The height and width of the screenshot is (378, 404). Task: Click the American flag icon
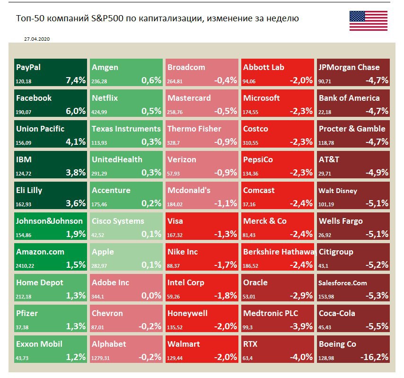(x=368, y=21)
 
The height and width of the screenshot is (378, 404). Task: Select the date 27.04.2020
(x=36, y=40)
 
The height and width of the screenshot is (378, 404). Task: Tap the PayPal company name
(x=28, y=67)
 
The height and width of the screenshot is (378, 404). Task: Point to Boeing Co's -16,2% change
(x=374, y=357)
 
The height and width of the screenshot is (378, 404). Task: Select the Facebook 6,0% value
(x=75, y=111)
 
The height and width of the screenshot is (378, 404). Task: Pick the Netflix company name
(x=105, y=98)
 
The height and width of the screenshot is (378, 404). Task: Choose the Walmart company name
(x=184, y=344)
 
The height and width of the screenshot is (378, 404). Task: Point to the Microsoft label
(x=261, y=98)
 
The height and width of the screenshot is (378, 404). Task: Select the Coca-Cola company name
(x=337, y=313)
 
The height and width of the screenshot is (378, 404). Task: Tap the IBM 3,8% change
(x=75, y=173)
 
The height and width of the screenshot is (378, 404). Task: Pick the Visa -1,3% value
(x=226, y=234)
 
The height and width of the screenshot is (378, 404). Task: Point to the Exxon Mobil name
(x=39, y=344)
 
